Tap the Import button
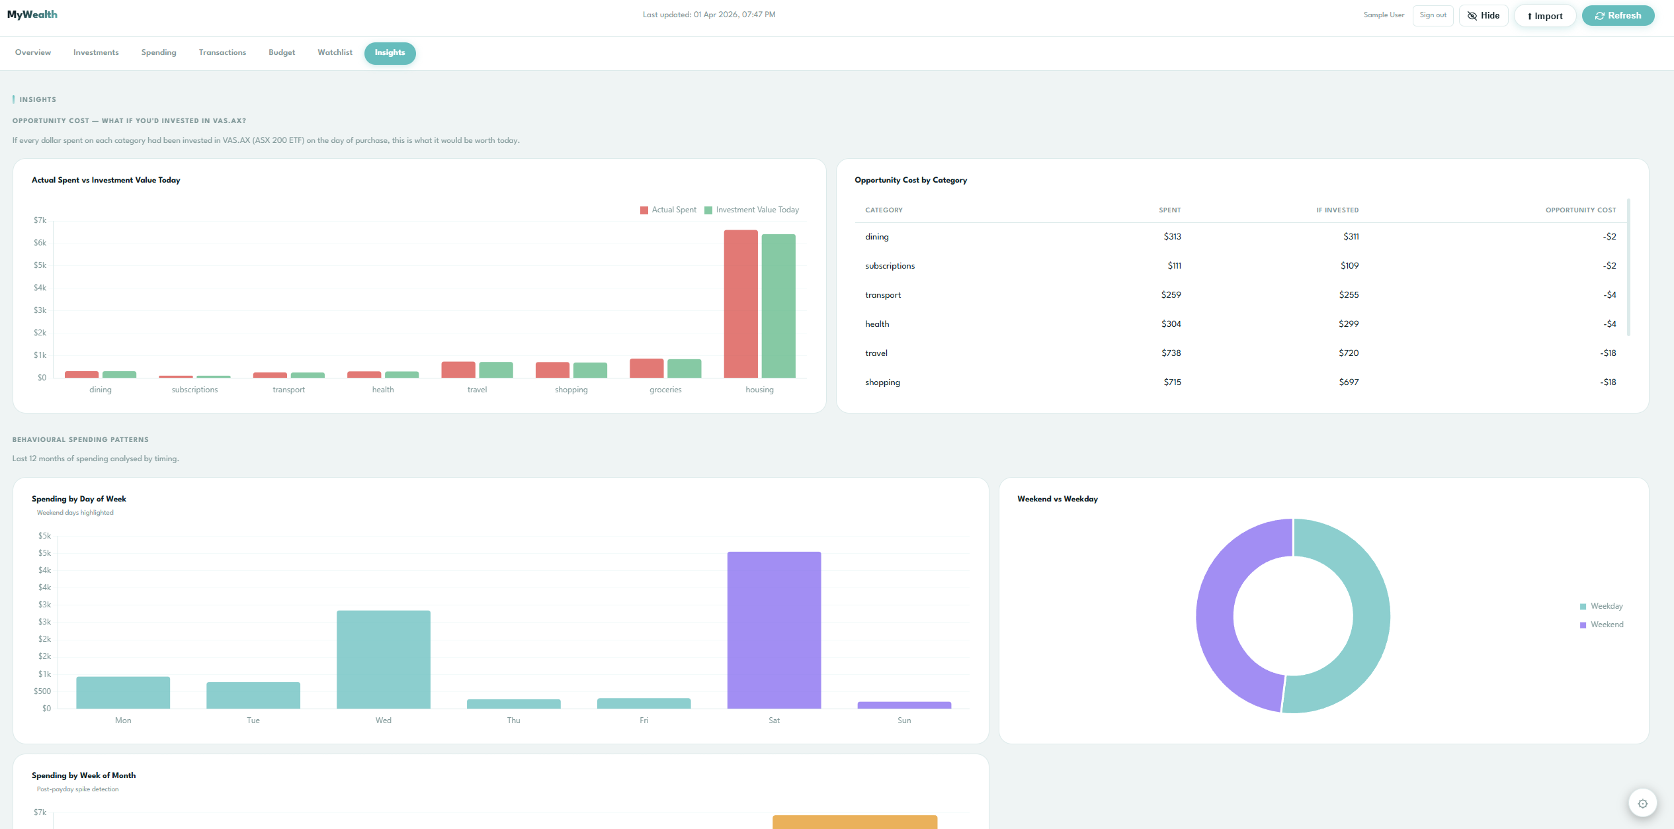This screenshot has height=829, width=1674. click(x=1544, y=16)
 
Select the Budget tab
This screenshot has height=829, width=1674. click(x=282, y=52)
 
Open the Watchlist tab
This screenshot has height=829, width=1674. click(x=335, y=52)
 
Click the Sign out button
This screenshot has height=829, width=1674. click(x=1433, y=15)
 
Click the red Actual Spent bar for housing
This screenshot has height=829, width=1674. click(x=740, y=304)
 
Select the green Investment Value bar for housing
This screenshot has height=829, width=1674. click(x=778, y=306)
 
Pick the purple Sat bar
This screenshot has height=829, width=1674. click(x=774, y=630)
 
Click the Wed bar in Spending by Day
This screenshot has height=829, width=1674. click(x=383, y=659)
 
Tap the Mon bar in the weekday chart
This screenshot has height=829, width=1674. click(x=123, y=692)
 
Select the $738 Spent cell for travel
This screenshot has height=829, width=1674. click(x=1171, y=353)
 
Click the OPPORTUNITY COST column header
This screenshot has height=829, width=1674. click(x=1580, y=210)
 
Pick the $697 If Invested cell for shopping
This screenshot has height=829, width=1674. click(x=1349, y=382)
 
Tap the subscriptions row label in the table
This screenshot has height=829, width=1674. click(x=890, y=265)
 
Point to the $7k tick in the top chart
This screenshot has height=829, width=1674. click(x=40, y=220)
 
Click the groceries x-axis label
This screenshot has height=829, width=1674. click(x=665, y=390)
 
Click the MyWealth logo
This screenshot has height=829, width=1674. click(x=32, y=15)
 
